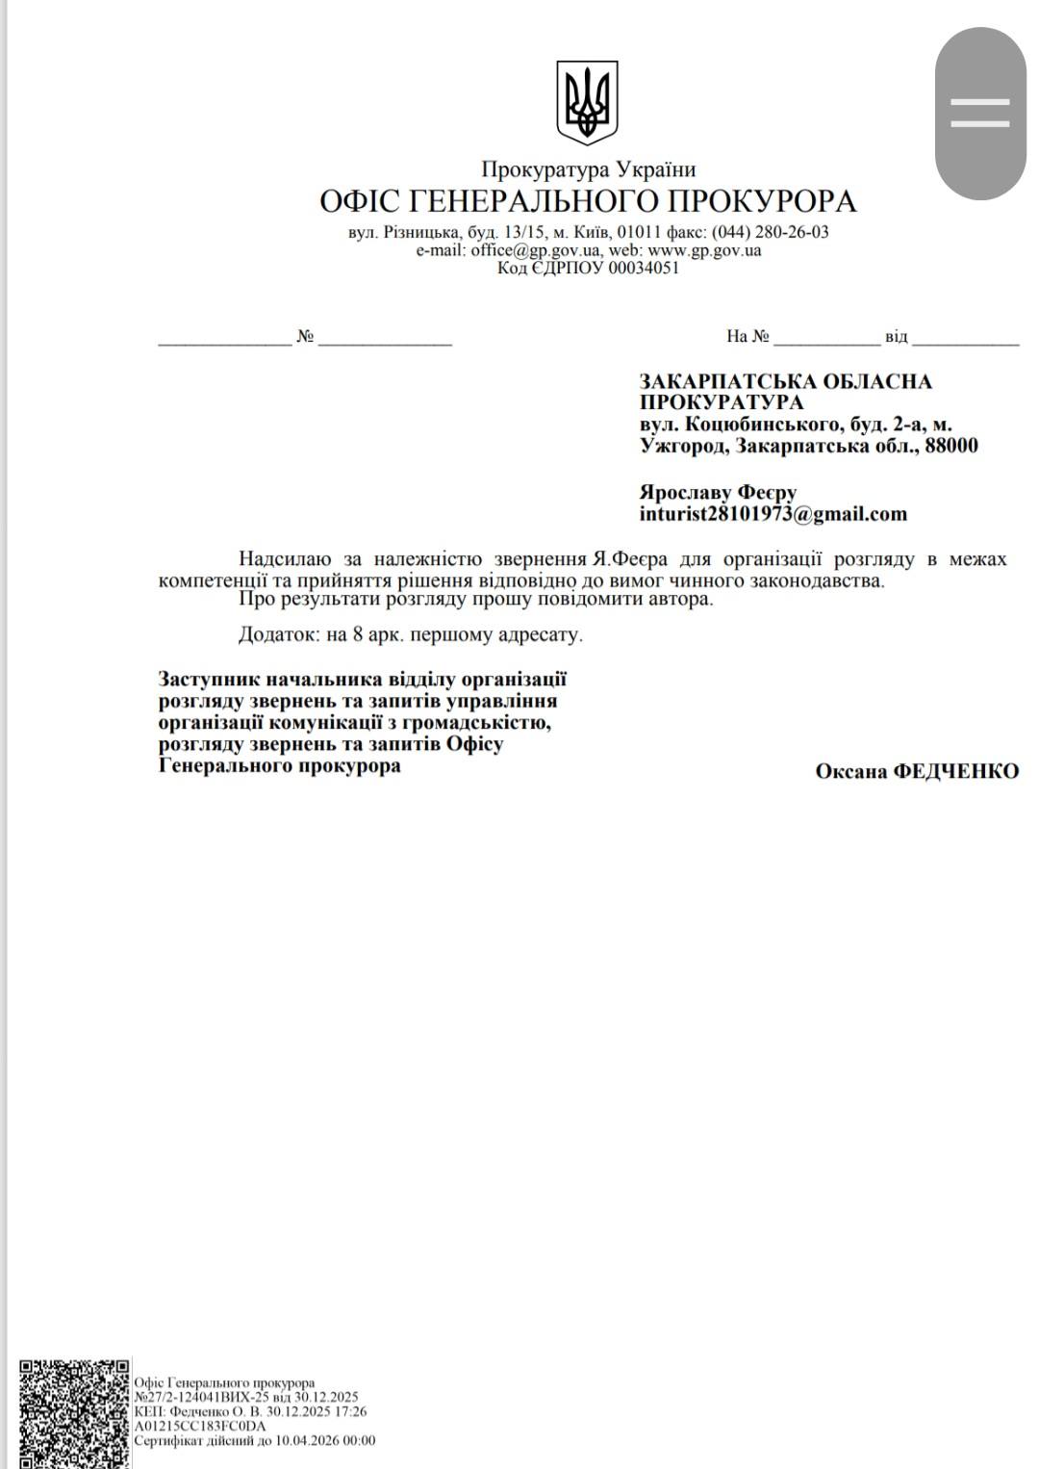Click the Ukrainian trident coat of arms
[587, 102]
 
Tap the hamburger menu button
[980, 113]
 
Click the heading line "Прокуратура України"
[588, 169]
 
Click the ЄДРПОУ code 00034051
[644, 268]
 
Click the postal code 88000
[951, 446]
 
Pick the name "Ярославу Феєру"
[718, 493]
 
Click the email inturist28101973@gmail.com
[773, 514]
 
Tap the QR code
[74, 1412]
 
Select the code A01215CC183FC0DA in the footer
[199, 1427]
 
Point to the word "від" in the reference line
[896, 337]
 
